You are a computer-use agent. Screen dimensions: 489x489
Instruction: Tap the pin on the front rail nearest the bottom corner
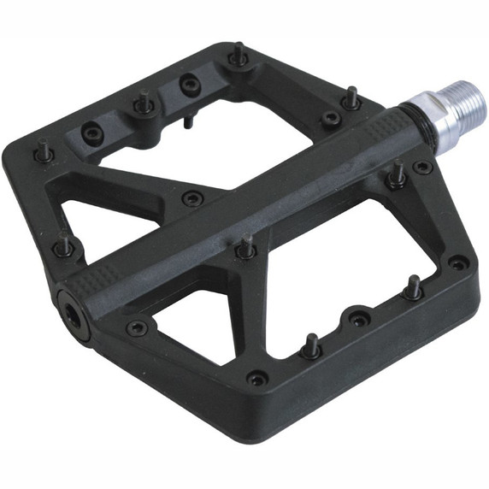pyautogui.click(x=312, y=346)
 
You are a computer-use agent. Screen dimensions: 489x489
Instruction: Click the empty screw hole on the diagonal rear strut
pyautogui.click(x=190, y=197)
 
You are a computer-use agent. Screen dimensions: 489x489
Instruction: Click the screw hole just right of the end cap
pyautogui.click(x=135, y=327)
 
